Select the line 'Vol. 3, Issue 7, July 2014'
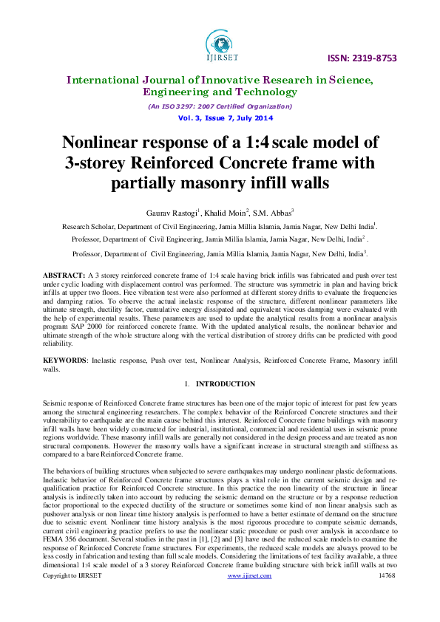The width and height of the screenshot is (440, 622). coord(220,118)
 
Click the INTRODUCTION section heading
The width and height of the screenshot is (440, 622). coord(226,384)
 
